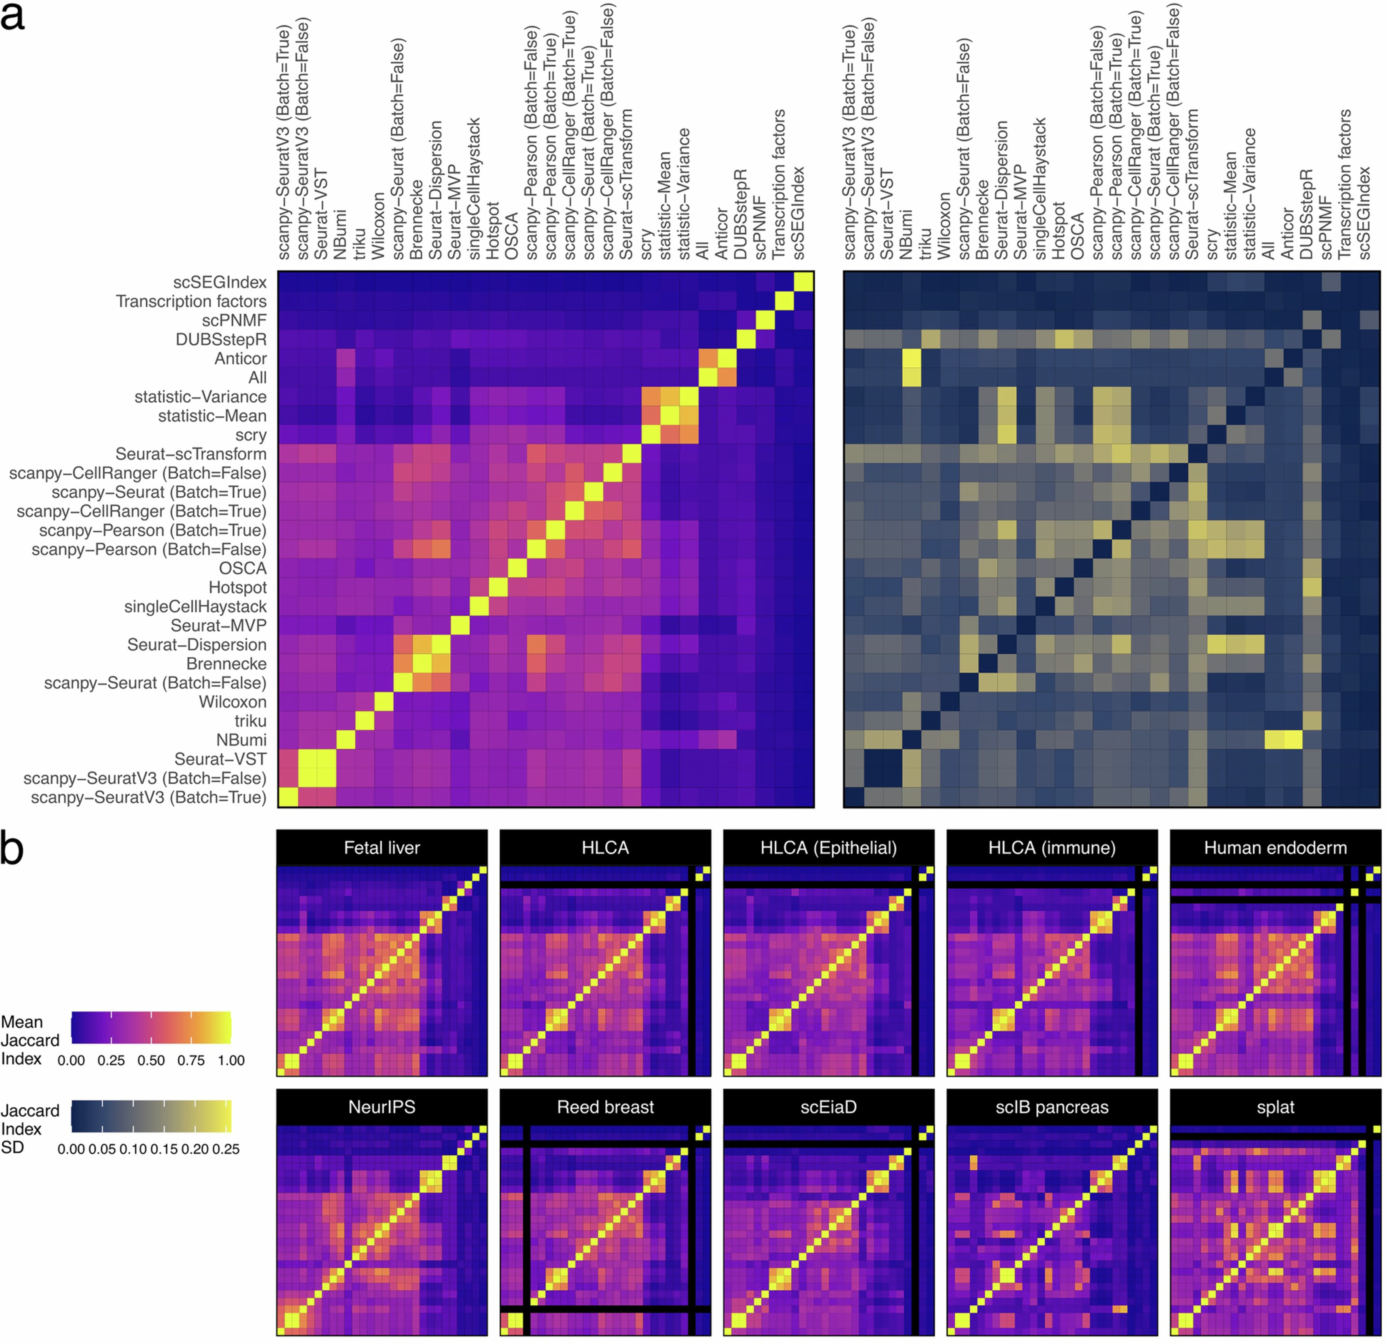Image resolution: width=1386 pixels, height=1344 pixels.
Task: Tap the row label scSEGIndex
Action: click(x=220, y=282)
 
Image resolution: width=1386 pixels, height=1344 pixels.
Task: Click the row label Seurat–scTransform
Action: click(x=191, y=454)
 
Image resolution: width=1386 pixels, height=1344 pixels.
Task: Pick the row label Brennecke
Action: click(x=226, y=663)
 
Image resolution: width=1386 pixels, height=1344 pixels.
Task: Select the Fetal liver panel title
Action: click(x=382, y=848)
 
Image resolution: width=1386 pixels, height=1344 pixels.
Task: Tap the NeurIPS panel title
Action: click(x=382, y=1107)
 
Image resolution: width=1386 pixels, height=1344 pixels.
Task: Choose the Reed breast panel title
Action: click(x=605, y=1107)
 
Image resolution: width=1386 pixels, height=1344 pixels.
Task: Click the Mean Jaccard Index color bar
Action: click(x=151, y=1027)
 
